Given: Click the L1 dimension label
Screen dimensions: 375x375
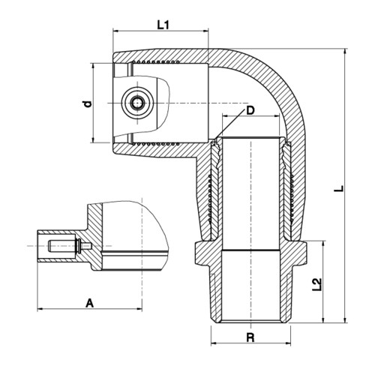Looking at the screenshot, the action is pyautogui.click(x=163, y=25).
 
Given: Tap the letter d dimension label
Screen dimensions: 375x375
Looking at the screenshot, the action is pyautogui.click(x=87, y=104).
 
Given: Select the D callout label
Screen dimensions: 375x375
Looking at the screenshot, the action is pyautogui.click(x=250, y=110).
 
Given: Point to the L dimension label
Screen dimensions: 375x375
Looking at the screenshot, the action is pyautogui.click(x=339, y=189).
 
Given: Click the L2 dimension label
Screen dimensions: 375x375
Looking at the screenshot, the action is pyautogui.click(x=316, y=284).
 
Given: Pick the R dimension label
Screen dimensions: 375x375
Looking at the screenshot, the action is pyautogui.click(x=250, y=337).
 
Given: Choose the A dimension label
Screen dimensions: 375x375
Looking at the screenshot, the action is pyautogui.click(x=89, y=304).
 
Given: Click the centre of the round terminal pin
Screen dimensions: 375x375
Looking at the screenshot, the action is pyautogui.click(x=137, y=103).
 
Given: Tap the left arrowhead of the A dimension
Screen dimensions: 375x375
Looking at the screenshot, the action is pyautogui.click(x=40, y=309).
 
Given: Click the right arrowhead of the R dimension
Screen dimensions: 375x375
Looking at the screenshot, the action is pyautogui.click(x=288, y=343).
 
